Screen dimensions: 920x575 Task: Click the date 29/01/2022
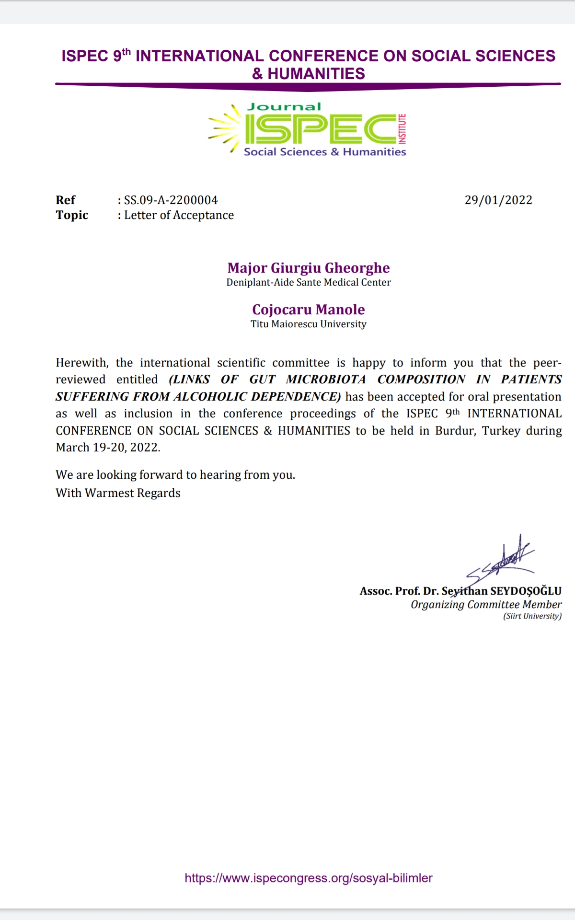pos(498,200)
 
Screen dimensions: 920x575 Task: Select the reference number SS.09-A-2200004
pos(171,200)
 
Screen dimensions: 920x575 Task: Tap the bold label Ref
pos(65,200)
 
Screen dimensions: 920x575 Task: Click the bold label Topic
pos(72,215)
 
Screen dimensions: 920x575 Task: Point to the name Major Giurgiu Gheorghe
pos(309,268)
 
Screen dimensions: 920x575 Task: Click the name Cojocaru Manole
pos(309,310)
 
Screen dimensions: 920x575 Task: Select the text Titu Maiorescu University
pos(309,324)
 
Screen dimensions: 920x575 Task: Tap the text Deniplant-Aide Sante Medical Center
pos(309,282)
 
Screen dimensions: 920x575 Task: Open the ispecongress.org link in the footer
pos(309,878)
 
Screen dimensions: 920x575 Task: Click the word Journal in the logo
pos(284,107)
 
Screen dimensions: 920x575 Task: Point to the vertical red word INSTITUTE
pos(402,129)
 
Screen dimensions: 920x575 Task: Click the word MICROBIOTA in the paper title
pos(326,379)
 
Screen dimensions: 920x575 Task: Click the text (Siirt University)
pos(532,616)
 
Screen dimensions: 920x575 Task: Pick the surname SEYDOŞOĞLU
pos(526,591)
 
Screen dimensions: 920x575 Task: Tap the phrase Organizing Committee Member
pos(486,604)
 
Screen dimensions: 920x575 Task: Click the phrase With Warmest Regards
pos(118,493)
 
